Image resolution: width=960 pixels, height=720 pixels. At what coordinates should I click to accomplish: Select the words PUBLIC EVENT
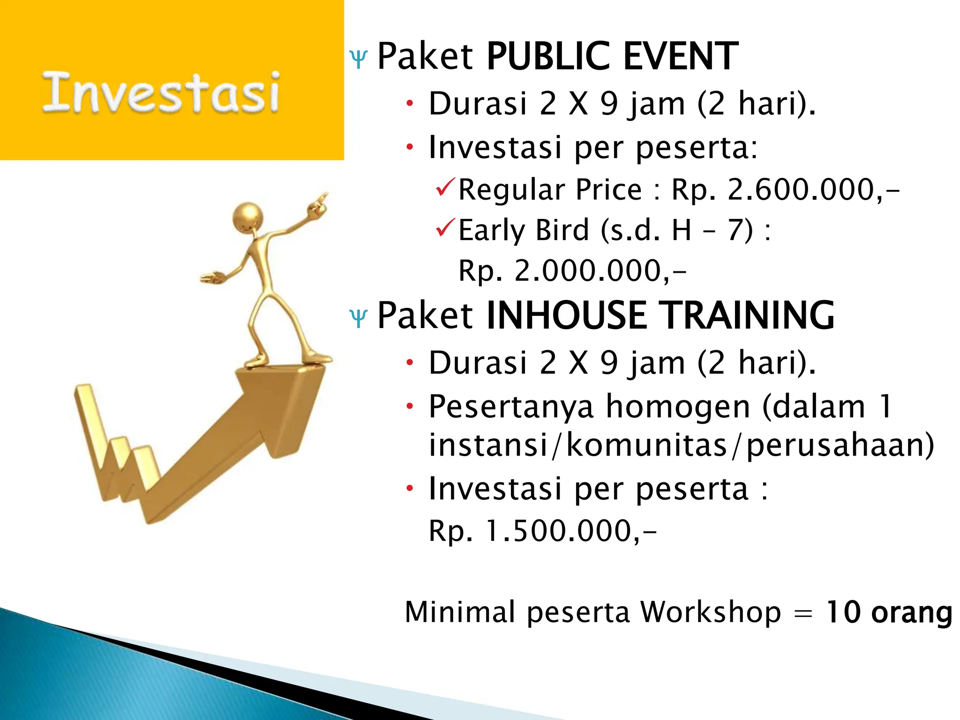point(612,56)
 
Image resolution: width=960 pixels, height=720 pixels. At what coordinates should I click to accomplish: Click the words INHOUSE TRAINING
point(660,315)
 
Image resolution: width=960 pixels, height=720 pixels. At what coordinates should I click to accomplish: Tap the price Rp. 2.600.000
point(785,190)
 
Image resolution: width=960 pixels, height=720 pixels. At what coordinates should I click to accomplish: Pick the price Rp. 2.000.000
point(572,271)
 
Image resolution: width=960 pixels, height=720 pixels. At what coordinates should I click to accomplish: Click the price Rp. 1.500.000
point(542,531)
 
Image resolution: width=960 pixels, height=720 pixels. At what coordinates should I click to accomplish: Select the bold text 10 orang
point(889,612)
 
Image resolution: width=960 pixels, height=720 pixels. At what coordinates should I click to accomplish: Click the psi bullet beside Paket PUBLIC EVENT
point(359,60)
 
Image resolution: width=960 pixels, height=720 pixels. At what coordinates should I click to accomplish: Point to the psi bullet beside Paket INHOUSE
point(359,319)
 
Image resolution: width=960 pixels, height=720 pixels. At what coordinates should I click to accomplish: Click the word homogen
point(678,407)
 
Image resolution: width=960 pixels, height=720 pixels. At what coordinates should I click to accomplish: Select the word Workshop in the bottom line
point(710,612)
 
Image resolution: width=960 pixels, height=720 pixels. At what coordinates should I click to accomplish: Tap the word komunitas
point(646,445)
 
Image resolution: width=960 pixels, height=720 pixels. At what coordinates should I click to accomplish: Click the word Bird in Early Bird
point(562,230)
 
